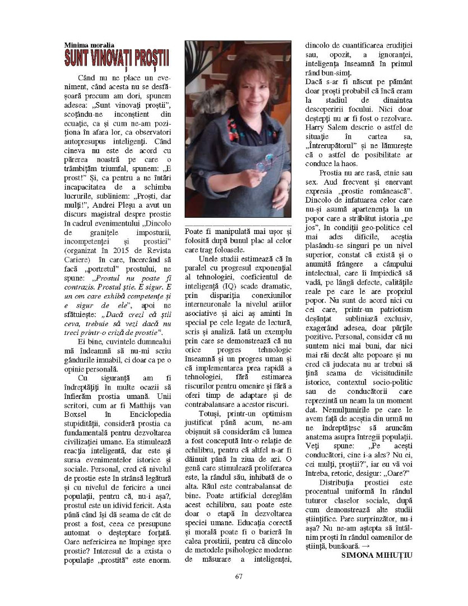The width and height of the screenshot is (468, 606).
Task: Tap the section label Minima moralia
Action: tap(89, 44)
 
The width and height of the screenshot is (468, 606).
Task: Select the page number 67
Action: tap(239, 576)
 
